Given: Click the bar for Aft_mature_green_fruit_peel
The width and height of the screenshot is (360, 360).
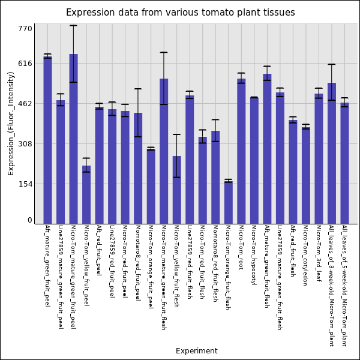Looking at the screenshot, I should (x=47, y=140).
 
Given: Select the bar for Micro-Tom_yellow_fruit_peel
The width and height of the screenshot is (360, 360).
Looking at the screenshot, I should (x=86, y=194).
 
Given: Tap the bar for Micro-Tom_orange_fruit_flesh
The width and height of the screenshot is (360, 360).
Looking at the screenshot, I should (x=228, y=202).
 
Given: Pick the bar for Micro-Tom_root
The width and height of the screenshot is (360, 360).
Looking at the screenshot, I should (x=241, y=151).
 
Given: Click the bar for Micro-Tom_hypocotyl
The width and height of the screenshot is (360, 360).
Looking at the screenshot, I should (x=254, y=160).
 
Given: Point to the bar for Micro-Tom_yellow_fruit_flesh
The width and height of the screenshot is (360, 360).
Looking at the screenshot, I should (x=176, y=190).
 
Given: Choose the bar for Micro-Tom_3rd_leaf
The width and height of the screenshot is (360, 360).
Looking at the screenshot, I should (x=319, y=158).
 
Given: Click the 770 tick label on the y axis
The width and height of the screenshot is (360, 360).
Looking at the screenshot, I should (x=25, y=28).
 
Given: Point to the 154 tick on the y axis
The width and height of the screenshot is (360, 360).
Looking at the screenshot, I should (x=25, y=184).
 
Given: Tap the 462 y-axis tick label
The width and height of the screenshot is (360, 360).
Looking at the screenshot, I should (x=25, y=104).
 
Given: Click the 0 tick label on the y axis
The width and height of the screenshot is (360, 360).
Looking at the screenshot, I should (x=29, y=220).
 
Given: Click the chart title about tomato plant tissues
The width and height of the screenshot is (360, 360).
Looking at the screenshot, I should (x=180, y=13).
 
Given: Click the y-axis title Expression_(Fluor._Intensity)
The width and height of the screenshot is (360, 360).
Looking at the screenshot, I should (x=11, y=123).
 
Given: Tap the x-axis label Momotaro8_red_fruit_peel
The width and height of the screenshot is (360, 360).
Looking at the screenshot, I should (x=138, y=263).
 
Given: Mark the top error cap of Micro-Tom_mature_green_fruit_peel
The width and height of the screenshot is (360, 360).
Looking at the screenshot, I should (x=73, y=25).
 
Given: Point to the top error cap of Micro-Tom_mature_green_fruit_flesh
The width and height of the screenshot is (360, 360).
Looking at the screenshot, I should (x=164, y=53).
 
